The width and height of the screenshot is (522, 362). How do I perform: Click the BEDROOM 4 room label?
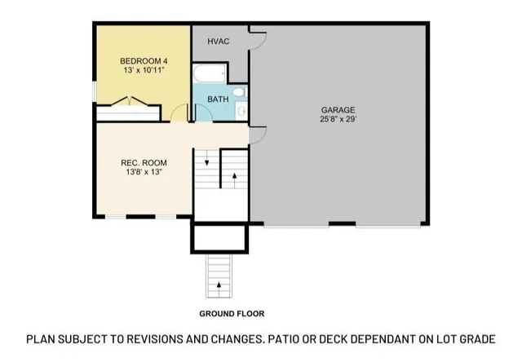144,61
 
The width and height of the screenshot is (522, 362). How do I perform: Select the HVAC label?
218,40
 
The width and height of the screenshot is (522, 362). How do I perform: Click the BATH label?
218,99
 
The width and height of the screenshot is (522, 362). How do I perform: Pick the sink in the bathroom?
241,110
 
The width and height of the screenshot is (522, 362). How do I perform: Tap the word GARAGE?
337,109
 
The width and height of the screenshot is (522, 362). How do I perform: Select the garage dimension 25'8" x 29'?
337,120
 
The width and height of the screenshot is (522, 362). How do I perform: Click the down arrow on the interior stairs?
207,161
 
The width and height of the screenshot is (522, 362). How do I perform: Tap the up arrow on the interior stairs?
234,174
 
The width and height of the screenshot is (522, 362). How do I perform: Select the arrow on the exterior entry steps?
219,285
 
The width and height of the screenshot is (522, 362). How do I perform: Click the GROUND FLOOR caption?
232,313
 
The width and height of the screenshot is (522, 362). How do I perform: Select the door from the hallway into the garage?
256,135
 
